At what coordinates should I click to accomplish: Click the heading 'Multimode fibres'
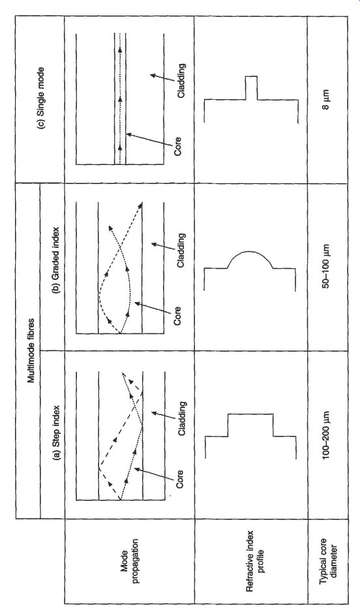(x=31, y=350)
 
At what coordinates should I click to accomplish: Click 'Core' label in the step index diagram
(x=179, y=480)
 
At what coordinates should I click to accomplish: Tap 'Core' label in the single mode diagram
(x=178, y=146)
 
